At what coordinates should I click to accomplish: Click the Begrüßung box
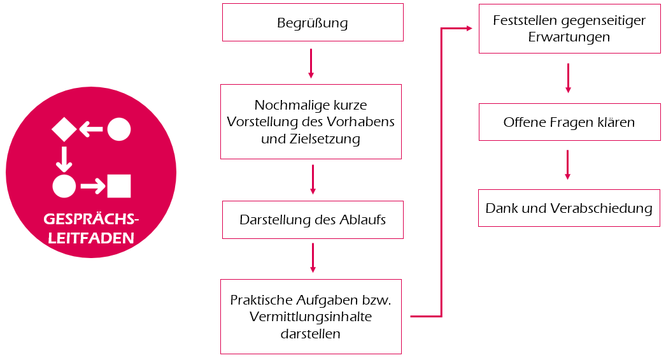point(313,23)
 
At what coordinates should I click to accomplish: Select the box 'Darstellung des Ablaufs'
point(313,220)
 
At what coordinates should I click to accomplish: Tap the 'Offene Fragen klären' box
point(569,122)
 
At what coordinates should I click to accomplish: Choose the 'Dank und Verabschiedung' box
point(569,208)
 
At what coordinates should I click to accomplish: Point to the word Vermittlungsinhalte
point(311,317)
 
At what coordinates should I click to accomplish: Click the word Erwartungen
point(569,37)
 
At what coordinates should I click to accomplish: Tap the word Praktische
point(261,299)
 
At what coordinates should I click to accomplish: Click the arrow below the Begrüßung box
point(311,63)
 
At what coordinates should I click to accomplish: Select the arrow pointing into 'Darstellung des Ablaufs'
point(313,180)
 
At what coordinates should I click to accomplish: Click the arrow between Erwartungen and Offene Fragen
point(568,78)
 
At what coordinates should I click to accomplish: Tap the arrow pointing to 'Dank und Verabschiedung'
point(567,164)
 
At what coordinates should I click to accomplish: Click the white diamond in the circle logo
point(64,129)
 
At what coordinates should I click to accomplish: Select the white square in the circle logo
point(119,185)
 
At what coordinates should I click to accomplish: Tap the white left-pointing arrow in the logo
point(91,129)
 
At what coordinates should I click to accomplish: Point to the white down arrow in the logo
point(64,159)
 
